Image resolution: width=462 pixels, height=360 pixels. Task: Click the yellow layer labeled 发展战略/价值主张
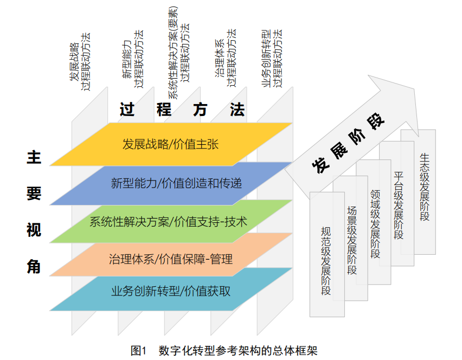pyautogui.click(x=171, y=144)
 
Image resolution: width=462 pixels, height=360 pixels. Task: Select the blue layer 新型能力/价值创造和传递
pyautogui.click(x=171, y=184)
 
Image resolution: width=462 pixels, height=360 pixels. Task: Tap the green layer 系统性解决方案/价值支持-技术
pyautogui.click(x=171, y=222)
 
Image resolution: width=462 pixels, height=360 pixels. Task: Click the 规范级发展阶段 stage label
pyautogui.click(x=326, y=261)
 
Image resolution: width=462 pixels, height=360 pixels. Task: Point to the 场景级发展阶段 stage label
pyautogui.click(x=352, y=240)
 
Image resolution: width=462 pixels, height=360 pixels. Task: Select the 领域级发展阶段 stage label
pyautogui.click(x=375, y=224)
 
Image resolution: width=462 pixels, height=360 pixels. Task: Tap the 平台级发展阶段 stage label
pyautogui.click(x=399, y=205)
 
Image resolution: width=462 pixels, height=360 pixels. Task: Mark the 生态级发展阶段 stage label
pyautogui.click(x=425, y=187)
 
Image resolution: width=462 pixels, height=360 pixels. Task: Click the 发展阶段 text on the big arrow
pyautogui.click(x=348, y=143)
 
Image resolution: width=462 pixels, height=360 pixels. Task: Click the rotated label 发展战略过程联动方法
pyautogui.click(x=80, y=61)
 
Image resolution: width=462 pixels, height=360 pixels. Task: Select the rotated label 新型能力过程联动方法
pyautogui.click(x=133, y=59)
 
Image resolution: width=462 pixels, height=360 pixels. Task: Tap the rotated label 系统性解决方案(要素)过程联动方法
pyautogui.click(x=179, y=53)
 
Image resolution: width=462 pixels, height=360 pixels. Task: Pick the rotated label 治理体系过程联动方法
pyautogui.click(x=226, y=57)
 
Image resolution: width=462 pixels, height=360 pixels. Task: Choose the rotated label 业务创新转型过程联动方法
pyautogui.click(x=272, y=58)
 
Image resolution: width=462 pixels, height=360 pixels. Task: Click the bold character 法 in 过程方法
pyautogui.click(x=238, y=110)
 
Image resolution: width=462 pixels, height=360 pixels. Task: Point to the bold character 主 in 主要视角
pyautogui.click(x=34, y=157)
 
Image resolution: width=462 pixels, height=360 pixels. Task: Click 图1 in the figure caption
pyautogui.click(x=138, y=351)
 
